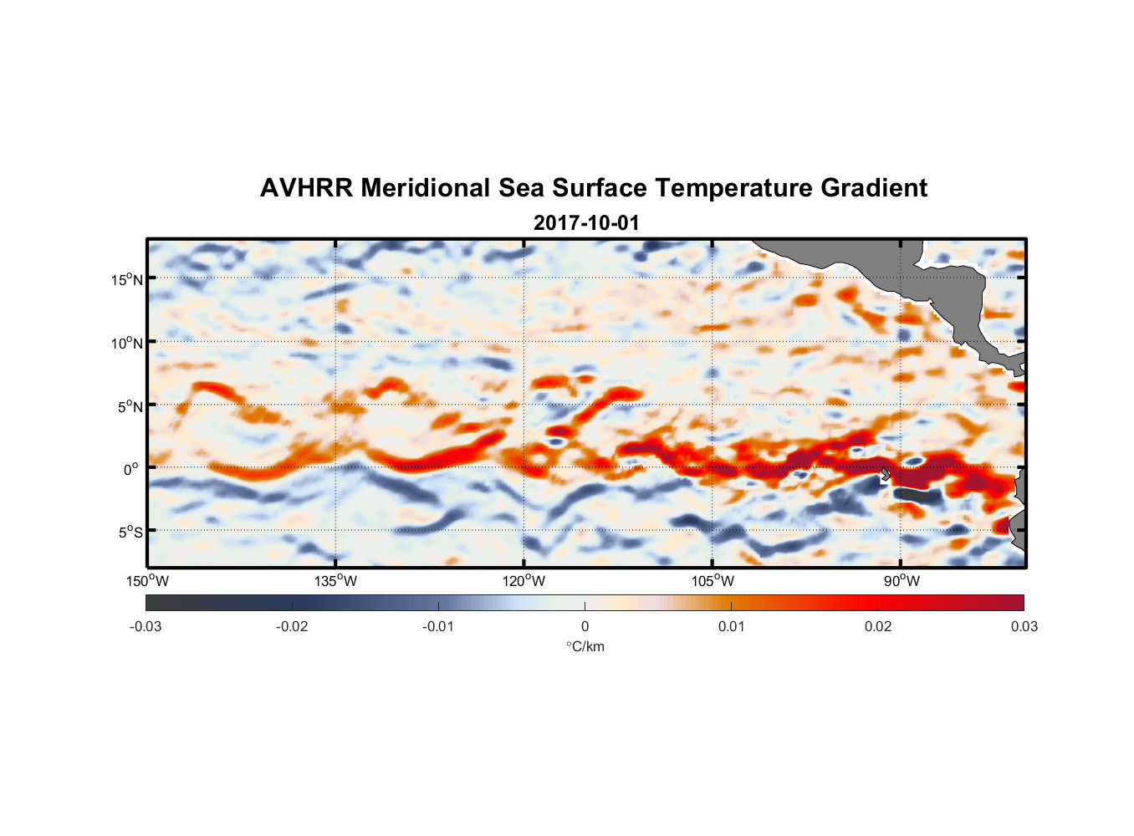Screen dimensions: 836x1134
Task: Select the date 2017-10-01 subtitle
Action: click(585, 223)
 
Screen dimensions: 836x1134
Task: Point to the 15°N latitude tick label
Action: click(126, 279)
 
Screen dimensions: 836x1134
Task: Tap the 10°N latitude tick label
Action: click(126, 343)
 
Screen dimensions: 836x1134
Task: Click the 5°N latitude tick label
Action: click(130, 406)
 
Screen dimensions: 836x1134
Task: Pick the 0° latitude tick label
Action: click(131, 469)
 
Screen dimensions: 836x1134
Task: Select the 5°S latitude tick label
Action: click(130, 533)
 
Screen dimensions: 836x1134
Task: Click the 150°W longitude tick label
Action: click(147, 581)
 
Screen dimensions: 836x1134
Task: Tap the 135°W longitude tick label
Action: click(335, 581)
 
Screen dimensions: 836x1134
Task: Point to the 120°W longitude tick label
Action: click(524, 581)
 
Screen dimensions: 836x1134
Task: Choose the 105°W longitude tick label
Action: click(713, 581)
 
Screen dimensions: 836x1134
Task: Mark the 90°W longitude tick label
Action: click(902, 581)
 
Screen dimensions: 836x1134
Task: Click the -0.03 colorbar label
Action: click(146, 627)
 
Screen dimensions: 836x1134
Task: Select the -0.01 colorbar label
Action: click(438, 627)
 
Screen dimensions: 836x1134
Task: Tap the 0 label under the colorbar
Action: click(585, 627)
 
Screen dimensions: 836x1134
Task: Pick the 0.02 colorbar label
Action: click(878, 627)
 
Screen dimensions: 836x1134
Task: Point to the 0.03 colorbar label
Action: click(1024, 627)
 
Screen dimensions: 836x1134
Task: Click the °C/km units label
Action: click(585, 646)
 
